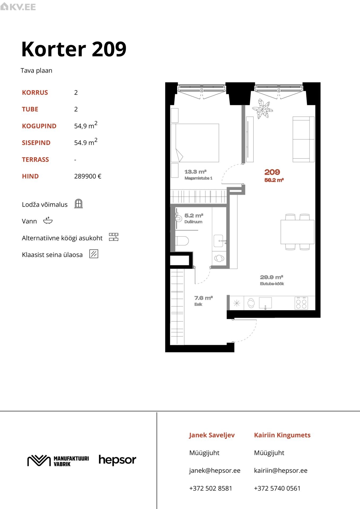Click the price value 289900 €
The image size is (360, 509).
point(88,176)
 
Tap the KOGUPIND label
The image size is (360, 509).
point(39,126)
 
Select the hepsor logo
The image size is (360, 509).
point(117,460)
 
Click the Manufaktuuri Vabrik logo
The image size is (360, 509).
point(58,461)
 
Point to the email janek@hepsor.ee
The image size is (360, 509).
point(215,471)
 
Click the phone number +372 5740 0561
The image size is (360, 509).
point(277,488)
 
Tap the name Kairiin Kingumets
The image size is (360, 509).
point(282,435)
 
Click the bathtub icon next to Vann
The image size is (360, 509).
point(48,220)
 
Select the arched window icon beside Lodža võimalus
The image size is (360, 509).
point(79,204)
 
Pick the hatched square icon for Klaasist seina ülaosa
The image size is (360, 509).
point(94,254)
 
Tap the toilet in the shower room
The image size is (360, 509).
point(182,241)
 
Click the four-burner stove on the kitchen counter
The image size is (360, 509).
point(301,303)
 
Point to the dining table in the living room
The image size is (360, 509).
point(297,232)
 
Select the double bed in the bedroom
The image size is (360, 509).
point(195,143)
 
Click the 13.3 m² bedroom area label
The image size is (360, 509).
point(196,172)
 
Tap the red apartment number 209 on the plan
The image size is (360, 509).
point(272,172)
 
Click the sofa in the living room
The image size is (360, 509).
point(303,139)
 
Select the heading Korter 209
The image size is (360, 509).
point(74,49)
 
